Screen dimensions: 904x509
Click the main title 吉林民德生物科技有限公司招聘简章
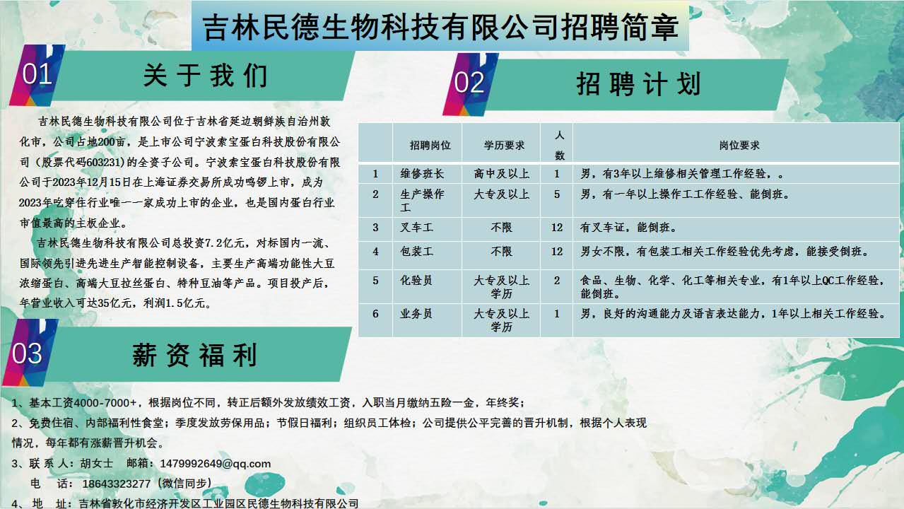coord(440,27)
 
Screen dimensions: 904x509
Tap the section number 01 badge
coord(37,74)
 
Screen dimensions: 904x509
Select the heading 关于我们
coord(205,76)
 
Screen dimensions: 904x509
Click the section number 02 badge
coord(469,83)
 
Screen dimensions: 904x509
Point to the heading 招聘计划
coord(638,84)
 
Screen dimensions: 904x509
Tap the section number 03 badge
coord(27,353)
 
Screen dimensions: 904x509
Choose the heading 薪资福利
coord(194,355)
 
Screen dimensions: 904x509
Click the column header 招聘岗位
coord(430,146)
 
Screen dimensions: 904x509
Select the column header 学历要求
coord(504,146)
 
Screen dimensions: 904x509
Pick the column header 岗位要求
coord(739,146)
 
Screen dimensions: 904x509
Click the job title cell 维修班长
coord(422,174)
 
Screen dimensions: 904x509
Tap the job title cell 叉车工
coord(416,227)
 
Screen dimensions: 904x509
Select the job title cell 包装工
coord(416,252)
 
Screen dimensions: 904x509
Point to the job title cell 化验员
coord(416,280)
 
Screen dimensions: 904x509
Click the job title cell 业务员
coord(416,314)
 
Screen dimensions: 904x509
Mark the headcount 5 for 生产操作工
coord(557,194)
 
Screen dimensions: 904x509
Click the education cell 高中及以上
coord(501,174)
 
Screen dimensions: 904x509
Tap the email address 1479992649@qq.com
coord(215,463)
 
